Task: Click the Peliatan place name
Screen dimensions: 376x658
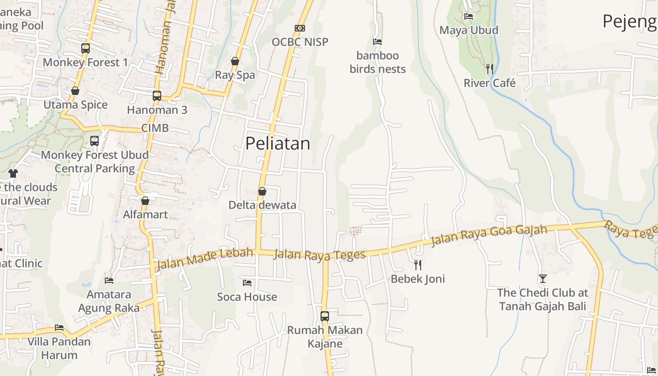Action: point(278,143)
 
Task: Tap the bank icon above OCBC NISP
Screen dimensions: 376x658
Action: point(300,28)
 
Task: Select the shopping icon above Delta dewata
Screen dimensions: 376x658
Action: point(262,191)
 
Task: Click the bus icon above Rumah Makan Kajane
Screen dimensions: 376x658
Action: point(325,316)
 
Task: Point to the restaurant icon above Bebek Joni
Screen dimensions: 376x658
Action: point(418,265)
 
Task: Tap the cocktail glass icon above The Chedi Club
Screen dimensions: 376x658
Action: point(543,279)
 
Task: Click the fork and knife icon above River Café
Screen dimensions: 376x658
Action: point(490,69)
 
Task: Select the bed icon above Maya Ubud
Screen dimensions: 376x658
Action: point(469,16)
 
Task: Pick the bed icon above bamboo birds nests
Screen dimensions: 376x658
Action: point(377,42)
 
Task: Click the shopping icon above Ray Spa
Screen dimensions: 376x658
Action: point(235,61)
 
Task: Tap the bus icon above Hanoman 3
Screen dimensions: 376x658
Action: point(157,96)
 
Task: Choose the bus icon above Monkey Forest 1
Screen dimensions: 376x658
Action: point(85,48)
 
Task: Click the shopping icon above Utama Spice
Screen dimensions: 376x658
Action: point(75,91)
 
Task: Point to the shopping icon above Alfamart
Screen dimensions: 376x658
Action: point(145,201)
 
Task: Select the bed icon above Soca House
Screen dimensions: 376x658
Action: point(247,283)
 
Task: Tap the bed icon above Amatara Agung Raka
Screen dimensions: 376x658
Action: point(109,281)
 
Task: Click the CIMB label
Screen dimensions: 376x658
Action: point(155,128)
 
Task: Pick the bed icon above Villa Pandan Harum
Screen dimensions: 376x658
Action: point(59,328)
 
